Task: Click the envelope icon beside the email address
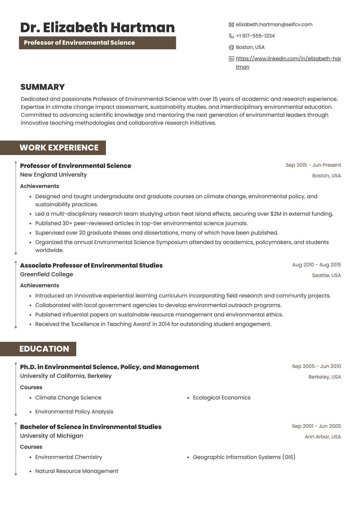coord(231,25)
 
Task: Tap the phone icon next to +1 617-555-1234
coord(231,36)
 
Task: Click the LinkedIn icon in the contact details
coord(231,59)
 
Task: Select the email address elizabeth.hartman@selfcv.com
coord(274,25)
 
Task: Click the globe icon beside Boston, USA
coord(231,47)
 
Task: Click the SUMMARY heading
coord(43,87)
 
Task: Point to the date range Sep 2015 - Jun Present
coord(313,165)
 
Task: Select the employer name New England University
coord(53,175)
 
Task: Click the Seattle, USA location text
coord(326,275)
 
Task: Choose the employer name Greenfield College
coord(47,274)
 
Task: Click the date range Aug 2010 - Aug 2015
coord(316,265)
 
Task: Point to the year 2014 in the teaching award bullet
coord(164,324)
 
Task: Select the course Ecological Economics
coord(222,398)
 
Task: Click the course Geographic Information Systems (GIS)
coord(244,457)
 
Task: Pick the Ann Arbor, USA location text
coord(323,437)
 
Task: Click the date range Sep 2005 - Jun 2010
coord(316,366)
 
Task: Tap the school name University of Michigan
coord(52,436)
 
